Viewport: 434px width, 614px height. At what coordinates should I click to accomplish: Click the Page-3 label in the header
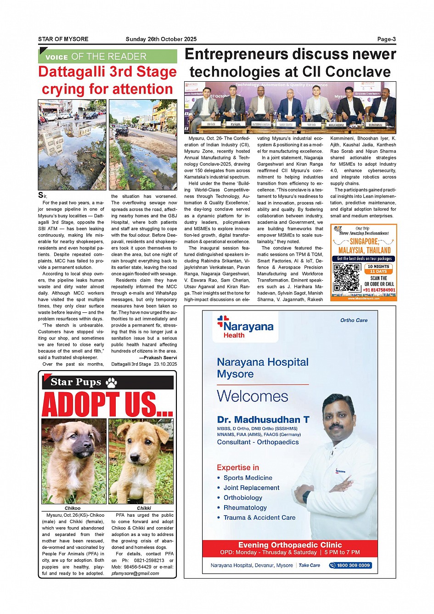point(386,39)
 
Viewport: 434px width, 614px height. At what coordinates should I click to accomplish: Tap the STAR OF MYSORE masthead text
point(63,39)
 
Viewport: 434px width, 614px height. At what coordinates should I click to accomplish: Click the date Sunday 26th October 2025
point(161,39)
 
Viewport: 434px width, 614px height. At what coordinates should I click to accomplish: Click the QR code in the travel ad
point(346,278)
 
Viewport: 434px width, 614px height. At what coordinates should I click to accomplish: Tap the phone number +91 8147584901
point(379,290)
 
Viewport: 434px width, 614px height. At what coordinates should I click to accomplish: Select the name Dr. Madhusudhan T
point(263,419)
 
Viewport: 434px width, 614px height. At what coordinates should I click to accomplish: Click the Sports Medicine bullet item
point(248,478)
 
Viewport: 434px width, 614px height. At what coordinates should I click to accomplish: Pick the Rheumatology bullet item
point(245,507)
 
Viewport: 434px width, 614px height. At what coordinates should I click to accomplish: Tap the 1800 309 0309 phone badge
point(350,565)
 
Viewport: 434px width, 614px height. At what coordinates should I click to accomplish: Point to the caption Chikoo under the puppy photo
point(73,508)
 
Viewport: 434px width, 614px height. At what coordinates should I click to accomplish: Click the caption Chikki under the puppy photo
point(144,508)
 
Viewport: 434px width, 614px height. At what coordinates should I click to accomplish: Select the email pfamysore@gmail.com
point(135,573)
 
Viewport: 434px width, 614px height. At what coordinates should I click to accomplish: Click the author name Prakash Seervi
point(160,357)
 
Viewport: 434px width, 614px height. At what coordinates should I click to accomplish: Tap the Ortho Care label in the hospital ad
point(354,320)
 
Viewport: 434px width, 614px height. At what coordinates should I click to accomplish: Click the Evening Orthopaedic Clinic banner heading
point(290,545)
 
